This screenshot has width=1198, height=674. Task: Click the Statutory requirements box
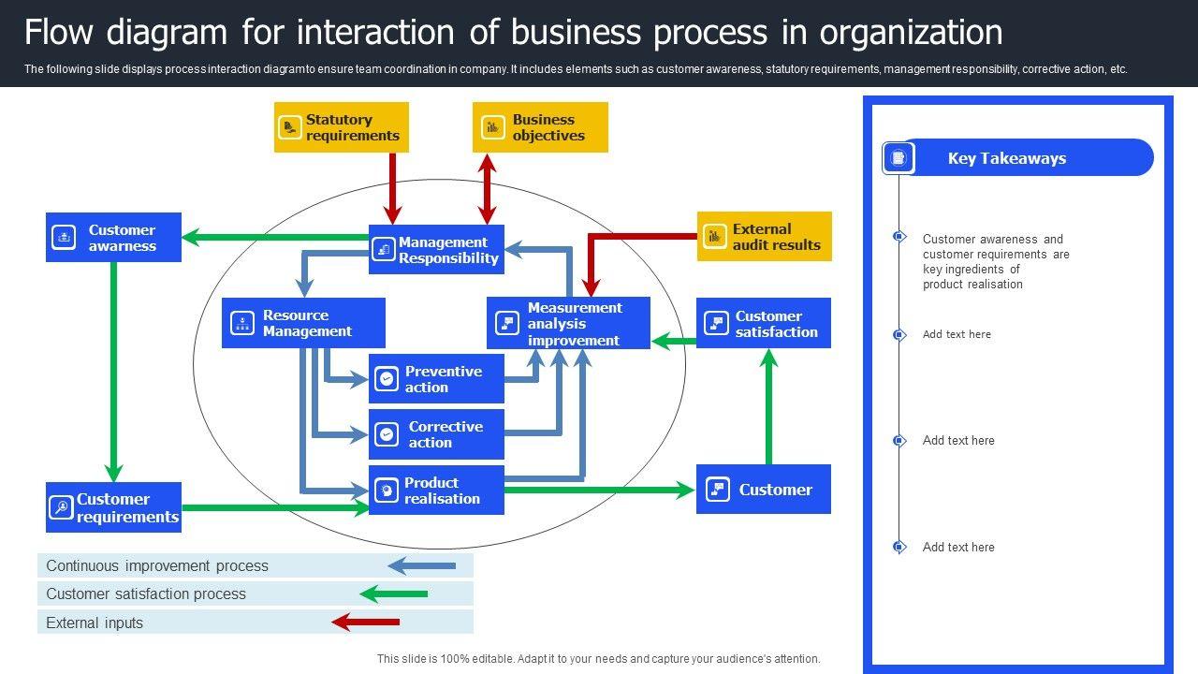click(x=342, y=127)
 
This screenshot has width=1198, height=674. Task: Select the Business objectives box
click(x=540, y=127)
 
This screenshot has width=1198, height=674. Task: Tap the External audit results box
click(x=764, y=237)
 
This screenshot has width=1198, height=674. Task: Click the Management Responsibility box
click(x=436, y=250)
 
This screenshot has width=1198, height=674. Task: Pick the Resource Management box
click(x=303, y=323)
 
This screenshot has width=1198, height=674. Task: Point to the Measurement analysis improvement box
click(x=568, y=324)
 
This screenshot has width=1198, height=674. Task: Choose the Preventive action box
click(x=436, y=379)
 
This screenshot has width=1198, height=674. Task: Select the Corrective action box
click(x=436, y=434)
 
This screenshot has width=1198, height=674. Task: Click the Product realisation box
click(x=436, y=491)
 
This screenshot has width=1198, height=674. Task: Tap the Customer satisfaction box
click(x=763, y=324)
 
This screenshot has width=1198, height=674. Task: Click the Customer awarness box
click(x=113, y=238)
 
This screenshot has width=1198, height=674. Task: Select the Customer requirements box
click(x=113, y=507)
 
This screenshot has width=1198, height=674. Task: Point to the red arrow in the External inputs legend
click(x=366, y=622)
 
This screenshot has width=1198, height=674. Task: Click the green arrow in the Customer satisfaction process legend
click(x=394, y=593)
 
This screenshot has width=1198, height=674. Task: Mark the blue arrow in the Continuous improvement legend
click(x=421, y=565)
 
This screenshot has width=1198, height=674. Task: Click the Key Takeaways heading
click(x=1006, y=158)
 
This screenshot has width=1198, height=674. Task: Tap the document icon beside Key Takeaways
click(x=898, y=158)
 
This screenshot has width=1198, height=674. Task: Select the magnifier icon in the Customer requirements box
click(x=61, y=507)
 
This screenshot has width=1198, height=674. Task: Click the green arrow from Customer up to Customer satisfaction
click(x=769, y=407)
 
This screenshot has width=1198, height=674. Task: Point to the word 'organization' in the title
click(x=911, y=33)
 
